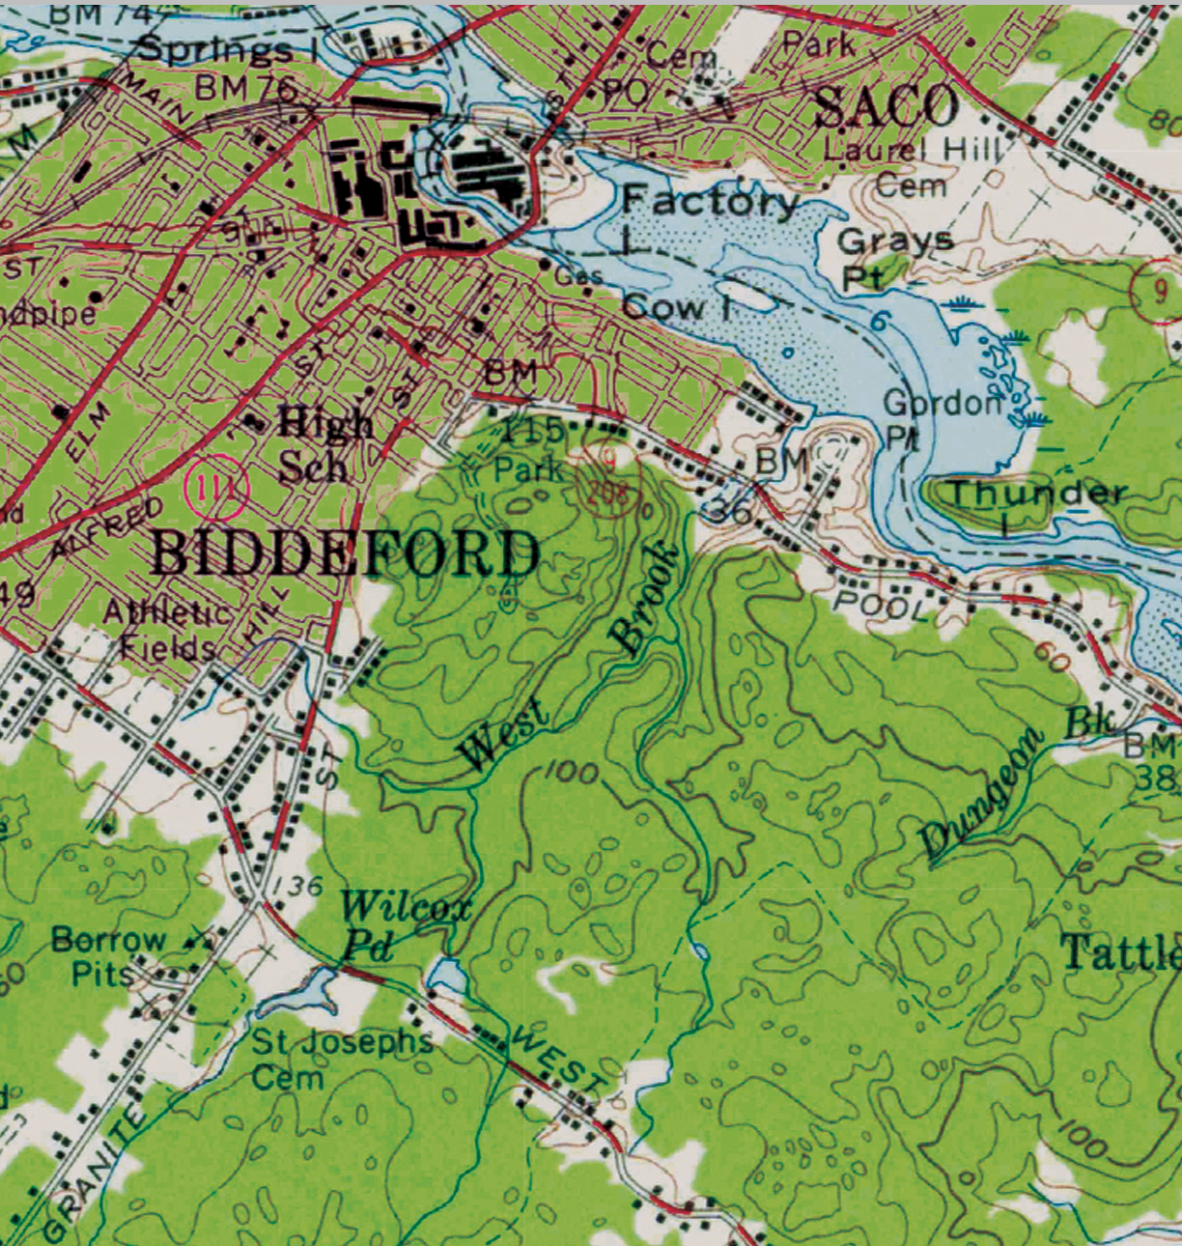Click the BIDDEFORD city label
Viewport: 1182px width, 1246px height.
[346, 554]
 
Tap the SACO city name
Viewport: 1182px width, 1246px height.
[886, 106]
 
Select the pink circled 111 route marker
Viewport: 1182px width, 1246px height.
[217, 485]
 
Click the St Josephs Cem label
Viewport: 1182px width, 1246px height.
[340, 1058]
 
